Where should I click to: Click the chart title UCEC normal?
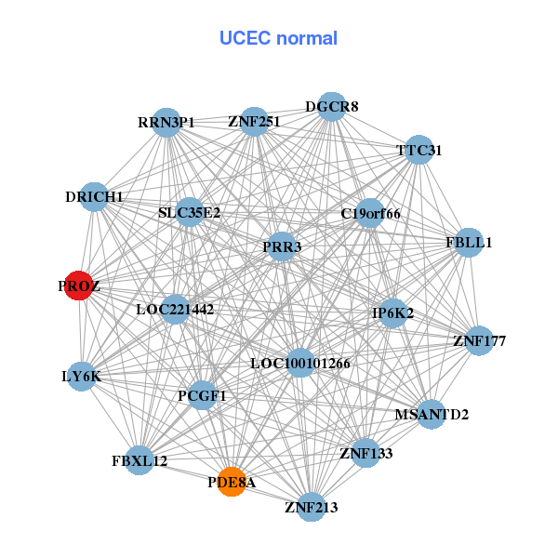tap(278, 38)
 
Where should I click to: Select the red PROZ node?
tap(79, 286)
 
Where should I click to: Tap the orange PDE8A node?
tap(232, 482)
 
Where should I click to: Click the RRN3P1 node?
tap(166, 123)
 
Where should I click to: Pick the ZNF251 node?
tap(254, 122)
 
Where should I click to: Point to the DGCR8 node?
tap(332, 107)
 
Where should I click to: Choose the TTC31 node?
tap(419, 151)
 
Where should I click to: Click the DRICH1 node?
tap(95, 197)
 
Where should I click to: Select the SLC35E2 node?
tap(190, 212)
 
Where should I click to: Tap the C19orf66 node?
tap(370, 214)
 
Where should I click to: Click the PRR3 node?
tap(282, 246)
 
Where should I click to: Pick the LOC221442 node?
tap(176, 309)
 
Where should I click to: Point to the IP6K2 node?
tap(392, 313)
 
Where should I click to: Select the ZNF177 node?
tap(479, 341)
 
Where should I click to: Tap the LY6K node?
tap(82, 377)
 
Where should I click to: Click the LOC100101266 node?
tap(300, 363)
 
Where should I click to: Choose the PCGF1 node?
tap(202, 395)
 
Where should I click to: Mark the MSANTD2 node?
tap(432, 414)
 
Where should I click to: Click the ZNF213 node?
tap(311, 507)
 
